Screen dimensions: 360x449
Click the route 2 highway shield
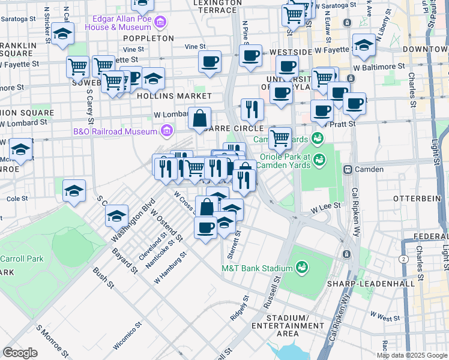402,258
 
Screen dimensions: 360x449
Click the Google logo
20,353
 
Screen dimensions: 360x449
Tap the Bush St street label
103,279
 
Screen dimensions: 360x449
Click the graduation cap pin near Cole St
74,191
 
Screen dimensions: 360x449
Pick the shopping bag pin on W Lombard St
199,118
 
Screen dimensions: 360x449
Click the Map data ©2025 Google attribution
411,355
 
